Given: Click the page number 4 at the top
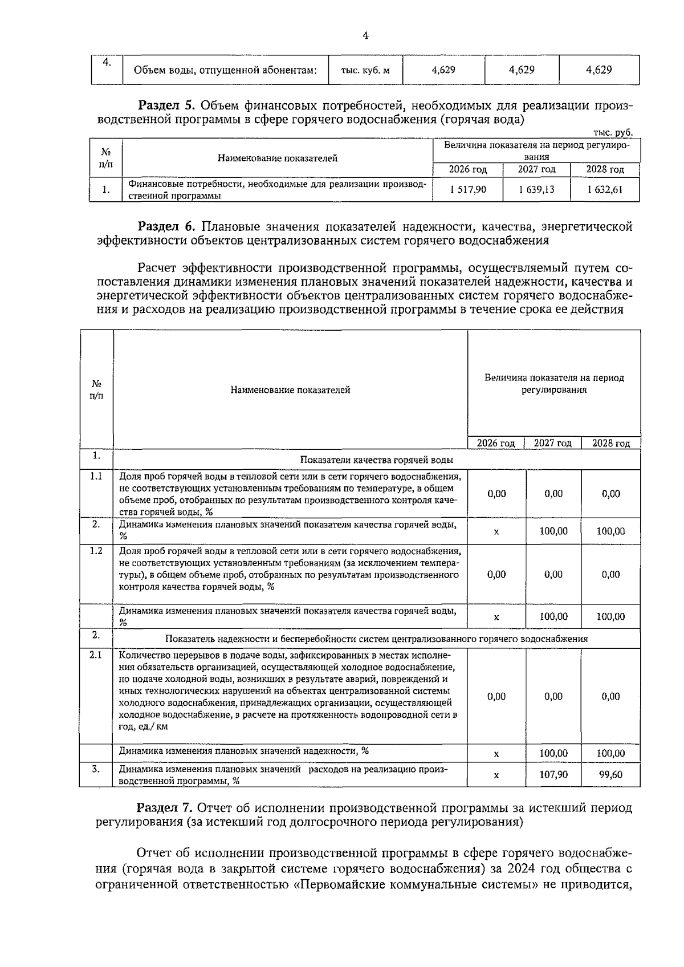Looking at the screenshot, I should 365,36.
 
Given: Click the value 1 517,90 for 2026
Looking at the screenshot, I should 467,189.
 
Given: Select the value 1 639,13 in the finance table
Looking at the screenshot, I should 536,189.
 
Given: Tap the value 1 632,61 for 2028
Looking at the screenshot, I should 605,189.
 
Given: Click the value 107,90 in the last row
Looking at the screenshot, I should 553,775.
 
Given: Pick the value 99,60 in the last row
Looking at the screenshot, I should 610,775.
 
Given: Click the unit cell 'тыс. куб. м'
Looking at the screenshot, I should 365,71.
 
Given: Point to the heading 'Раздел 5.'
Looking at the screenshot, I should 167,105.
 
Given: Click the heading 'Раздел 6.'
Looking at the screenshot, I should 167,227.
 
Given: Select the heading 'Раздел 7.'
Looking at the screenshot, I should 166,808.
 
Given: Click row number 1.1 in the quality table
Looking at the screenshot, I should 96,476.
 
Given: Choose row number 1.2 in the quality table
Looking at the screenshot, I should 96,551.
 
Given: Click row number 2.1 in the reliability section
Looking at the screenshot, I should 96,655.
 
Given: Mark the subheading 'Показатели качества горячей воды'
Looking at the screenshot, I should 377,460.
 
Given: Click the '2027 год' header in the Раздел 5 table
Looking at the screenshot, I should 536,170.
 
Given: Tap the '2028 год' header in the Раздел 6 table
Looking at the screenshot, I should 610,444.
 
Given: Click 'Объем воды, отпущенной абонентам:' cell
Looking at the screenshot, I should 225,71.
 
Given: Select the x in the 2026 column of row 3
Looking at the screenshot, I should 496,775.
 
